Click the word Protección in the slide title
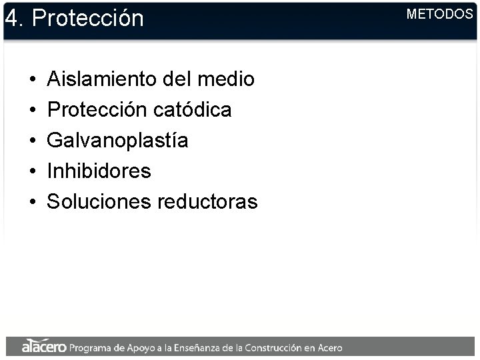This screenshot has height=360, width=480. point(87,18)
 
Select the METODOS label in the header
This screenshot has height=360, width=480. point(439,14)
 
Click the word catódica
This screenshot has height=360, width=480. point(193,110)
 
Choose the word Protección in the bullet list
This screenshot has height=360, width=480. point(97,110)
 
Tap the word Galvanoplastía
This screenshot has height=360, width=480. point(117,141)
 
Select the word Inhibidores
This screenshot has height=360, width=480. point(99,171)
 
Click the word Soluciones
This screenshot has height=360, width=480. point(98,201)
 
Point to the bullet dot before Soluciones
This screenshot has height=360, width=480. point(32,202)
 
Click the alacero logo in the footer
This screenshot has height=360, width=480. point(43,347)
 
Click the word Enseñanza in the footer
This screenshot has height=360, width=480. point(193,347)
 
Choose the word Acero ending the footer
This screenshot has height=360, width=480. point(329,347)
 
